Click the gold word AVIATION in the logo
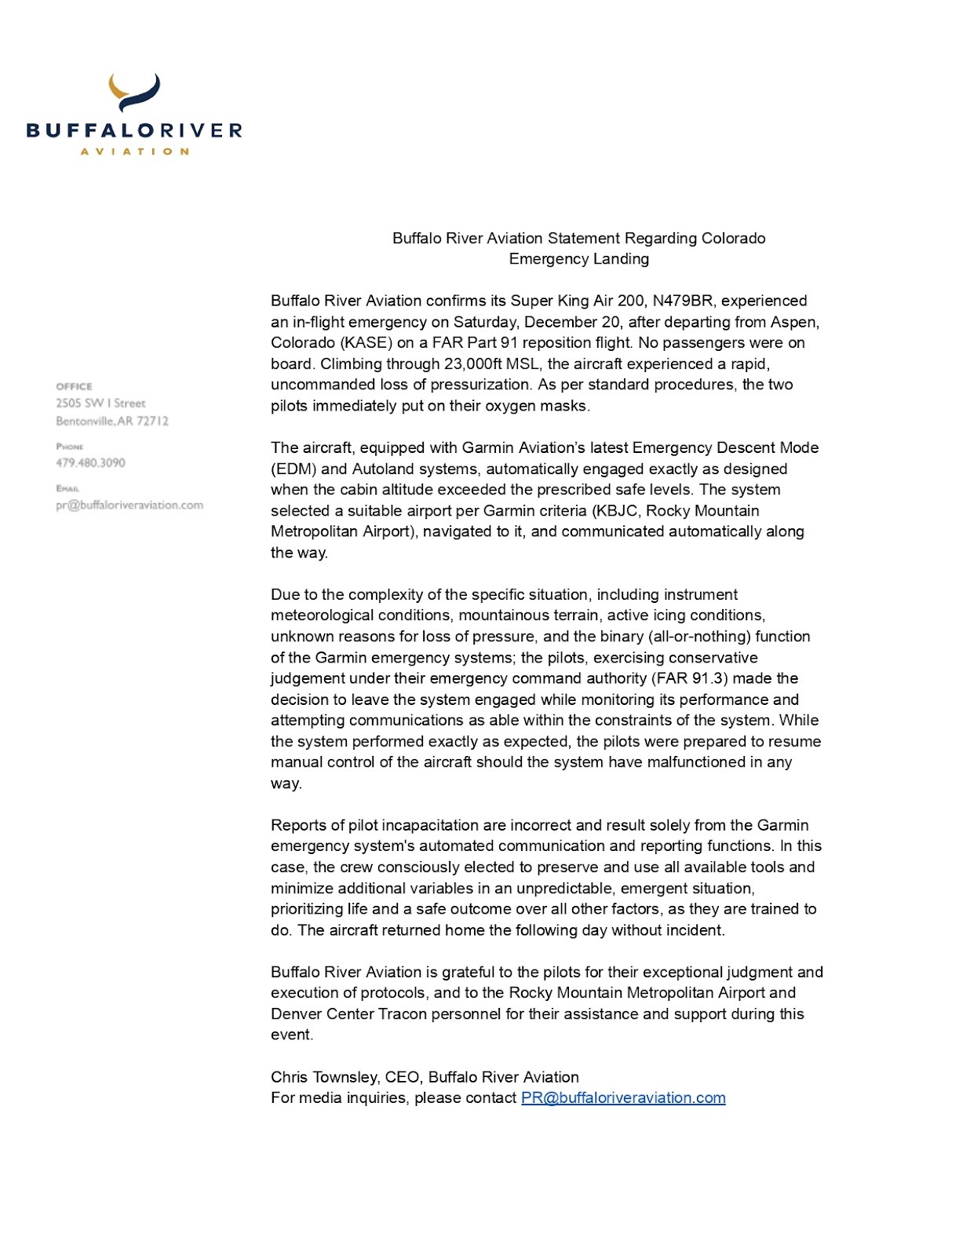tap(134, 151)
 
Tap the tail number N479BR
tap(683, 301)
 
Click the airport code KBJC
tap(616, 511)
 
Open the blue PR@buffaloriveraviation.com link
tap(623, 1098)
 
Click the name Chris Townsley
tap(323, 1077)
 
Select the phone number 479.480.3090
tap(90, 463)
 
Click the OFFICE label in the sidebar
tap(74, 386)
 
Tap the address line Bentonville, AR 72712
tap(112, 422)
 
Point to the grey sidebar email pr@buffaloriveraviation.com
tap(129, 506)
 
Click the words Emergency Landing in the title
tap(578, 259)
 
